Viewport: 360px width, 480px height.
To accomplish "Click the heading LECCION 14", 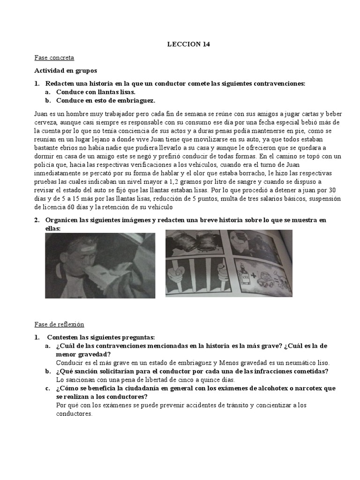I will click(x=189, y=45).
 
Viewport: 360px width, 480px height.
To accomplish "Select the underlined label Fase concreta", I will click(x=54, y=58).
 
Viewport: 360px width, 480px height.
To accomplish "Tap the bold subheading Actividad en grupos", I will click(x=66, y=71).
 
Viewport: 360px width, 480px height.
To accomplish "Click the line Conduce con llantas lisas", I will click(x=96, y=92).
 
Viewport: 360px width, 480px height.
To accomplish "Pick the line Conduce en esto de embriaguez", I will click(x=105, y=100).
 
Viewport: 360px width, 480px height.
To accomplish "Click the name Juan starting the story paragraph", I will click(x=41, y=114).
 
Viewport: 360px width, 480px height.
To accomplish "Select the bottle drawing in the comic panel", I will click(x=244, y=276).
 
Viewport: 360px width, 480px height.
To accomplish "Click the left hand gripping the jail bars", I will click(x=176, y=272).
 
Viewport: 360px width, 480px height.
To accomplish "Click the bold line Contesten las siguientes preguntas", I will click(x=101, y=337).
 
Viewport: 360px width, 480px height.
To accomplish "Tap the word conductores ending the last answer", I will click(x=74, y=414).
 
